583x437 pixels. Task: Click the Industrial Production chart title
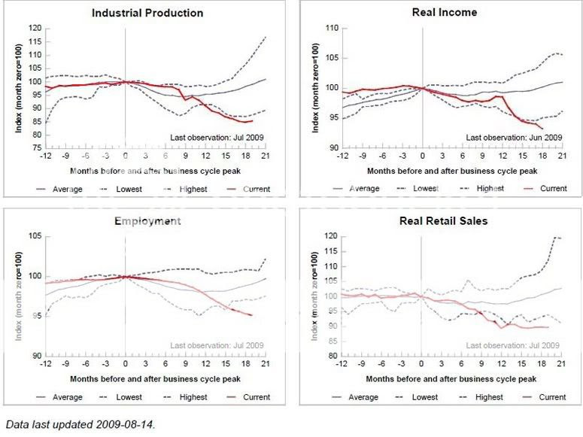click(x=147, y=13)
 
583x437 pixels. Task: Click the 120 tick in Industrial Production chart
click(x=34, y=28)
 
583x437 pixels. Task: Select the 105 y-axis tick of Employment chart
click(x=34, y=237)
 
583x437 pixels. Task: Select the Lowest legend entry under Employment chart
click(x=133, y=396)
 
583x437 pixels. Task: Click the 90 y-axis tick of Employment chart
click(x=35, y=355)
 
